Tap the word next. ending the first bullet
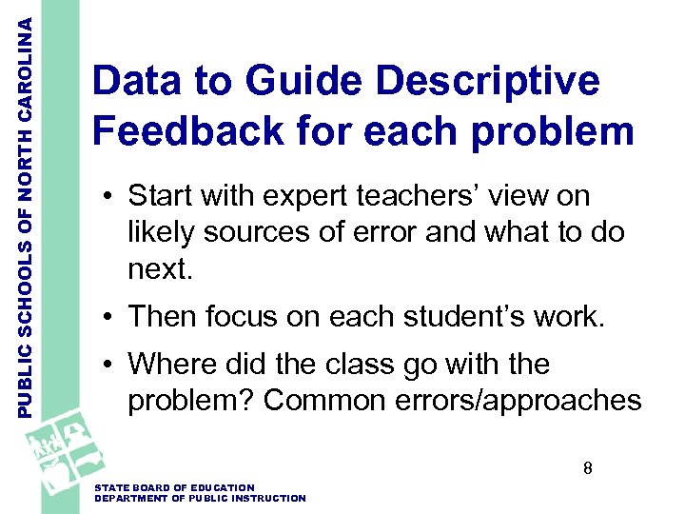(160, 270)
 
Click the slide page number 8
(588, 468)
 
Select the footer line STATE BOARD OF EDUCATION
(175, 488)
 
